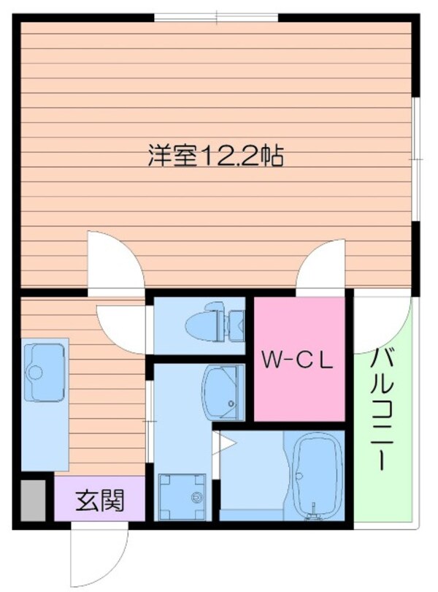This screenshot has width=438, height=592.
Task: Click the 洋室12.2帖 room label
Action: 216,156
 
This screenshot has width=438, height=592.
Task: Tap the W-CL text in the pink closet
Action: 298,360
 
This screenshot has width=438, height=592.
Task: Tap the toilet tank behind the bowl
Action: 236,325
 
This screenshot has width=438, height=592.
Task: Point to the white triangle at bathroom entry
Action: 226,441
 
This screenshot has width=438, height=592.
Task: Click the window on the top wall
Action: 216,17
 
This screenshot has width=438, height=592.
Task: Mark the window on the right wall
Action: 416,158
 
